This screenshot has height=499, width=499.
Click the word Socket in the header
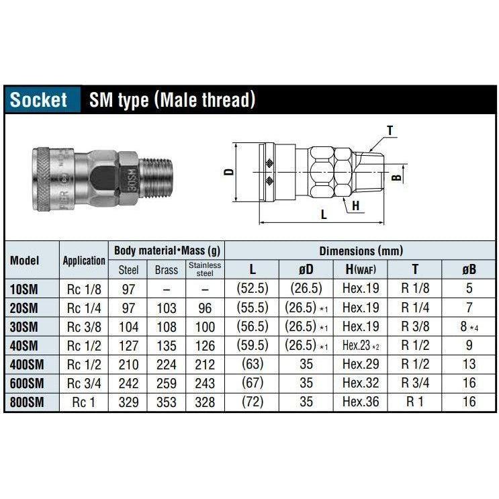pyautogui.click(x=39, y=100)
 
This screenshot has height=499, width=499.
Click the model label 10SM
pyautogui.click(x=25, y=289)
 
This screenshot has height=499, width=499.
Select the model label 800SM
pyautogui.click(x=28, y=402)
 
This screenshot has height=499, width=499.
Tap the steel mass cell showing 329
pyautogui.click(x=128, y=402)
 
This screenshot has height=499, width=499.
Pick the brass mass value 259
pyautogui.click(x=166, y=383)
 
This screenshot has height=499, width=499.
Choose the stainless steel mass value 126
pyautogui.click(x=204, y=345)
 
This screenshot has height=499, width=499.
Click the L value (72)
pyautogui.click(x=252, y=402)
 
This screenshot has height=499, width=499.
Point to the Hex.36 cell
pyautogui.click(x=361, y=402)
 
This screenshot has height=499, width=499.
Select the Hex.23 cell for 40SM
pyautogui.click(x=361, y=345)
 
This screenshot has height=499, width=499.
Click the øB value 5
pyautogui.click(x=469, y=289)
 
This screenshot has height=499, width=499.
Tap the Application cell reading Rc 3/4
pyautogui.click(x=83, y=383)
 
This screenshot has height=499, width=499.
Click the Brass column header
pyautogui.click(x=166, y=270)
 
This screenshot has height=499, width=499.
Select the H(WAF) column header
pyautogui.click(x=361, y=269)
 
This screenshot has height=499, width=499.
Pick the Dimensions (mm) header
pyautogui.click(x=361, y=251)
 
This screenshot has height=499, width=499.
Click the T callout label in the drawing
pyautogui.click(x=390, y=130)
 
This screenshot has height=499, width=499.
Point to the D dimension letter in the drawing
pyautogui.click(x=228, y=171)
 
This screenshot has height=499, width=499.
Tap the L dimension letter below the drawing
pyautogui.click(x=323, y=215)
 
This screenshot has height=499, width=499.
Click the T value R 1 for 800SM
pyautogui.click(x=414, y=402)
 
